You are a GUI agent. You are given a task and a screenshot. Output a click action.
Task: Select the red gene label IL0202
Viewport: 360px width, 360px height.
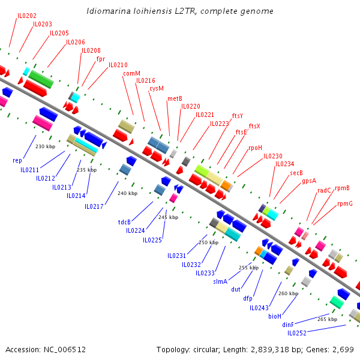(26, 16)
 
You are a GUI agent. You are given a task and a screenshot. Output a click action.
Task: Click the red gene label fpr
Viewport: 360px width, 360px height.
(101, 59)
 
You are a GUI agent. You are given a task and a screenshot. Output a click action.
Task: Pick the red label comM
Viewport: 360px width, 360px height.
(131, 73)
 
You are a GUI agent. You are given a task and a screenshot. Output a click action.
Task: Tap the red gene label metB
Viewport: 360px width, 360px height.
(175, 98)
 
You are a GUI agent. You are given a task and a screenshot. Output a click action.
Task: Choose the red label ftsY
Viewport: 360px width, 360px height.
(238, 115)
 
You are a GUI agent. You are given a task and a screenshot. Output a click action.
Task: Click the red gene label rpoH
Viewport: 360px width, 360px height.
(255, 147)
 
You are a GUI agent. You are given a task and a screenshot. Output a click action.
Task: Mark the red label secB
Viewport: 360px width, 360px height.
(296, 173)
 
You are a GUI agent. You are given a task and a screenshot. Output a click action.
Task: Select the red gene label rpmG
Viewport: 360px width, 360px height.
(345, 203)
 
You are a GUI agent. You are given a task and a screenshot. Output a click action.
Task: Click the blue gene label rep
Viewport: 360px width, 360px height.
(17, 160)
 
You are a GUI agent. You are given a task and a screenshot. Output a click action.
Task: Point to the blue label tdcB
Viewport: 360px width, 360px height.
(124, 221)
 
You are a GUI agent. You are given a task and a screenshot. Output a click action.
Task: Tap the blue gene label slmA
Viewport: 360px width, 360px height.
(220, 281)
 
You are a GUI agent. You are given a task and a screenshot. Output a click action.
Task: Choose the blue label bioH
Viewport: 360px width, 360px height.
(275, 316)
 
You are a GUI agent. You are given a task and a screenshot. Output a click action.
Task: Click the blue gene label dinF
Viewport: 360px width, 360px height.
(289, 325)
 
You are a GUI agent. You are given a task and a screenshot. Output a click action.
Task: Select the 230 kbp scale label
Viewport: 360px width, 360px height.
(45, 146)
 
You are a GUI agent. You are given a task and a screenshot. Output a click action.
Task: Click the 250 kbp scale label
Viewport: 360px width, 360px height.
(208, 242)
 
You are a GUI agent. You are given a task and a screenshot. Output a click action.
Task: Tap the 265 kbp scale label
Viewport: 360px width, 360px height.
(327, 319)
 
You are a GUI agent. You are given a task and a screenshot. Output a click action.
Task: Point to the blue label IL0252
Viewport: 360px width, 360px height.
(296, 333)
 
